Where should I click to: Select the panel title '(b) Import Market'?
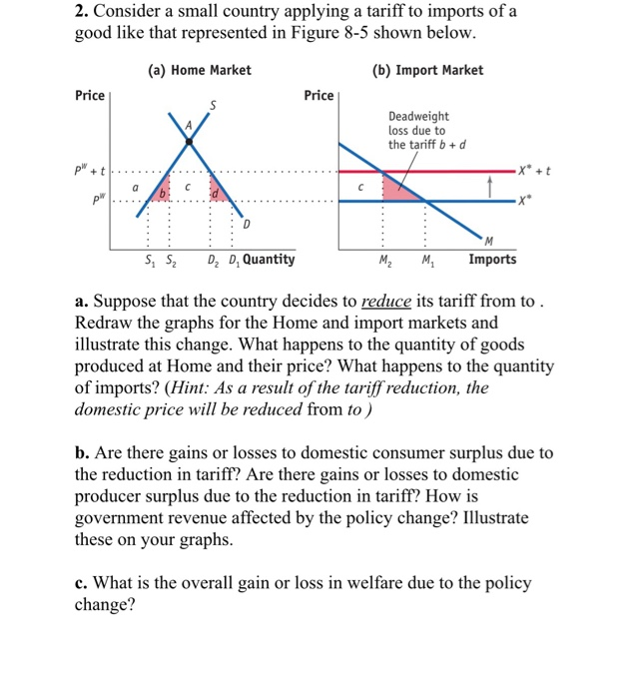(x=426, y=70)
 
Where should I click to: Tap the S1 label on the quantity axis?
(x=150, y=260)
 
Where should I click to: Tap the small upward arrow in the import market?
(x=490, y=187)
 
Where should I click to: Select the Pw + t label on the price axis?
(x=93, y=171)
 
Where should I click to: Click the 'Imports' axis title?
(x=493, y=260)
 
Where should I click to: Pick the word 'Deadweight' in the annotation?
(x=418, y=117)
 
